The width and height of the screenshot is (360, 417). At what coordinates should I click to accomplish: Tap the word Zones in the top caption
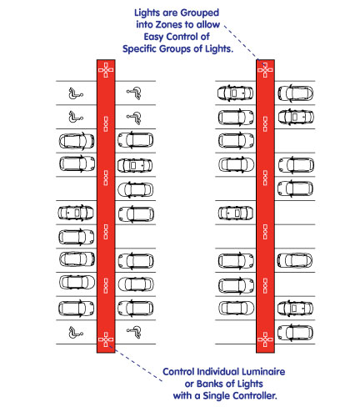point(169,25)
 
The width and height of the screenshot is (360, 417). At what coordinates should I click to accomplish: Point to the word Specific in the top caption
point(139,49)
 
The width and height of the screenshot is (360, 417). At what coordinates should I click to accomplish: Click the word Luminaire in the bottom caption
point(262,372)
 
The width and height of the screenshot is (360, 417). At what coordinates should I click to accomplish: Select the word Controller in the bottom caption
point(254,395)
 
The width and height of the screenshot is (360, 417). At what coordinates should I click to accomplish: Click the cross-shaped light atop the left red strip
point(106,70)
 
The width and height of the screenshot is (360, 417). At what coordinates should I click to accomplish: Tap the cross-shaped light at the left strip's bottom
point(106,339)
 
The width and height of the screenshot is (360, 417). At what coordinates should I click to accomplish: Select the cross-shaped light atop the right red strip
point(265,70)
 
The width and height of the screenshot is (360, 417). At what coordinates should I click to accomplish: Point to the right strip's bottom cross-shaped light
point(265,339)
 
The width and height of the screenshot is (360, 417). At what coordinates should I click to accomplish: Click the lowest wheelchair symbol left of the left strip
point(76,333)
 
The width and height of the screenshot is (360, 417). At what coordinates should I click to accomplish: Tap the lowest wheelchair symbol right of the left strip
point(134,332)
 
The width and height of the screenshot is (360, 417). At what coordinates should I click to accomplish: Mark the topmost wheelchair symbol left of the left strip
point(76,93)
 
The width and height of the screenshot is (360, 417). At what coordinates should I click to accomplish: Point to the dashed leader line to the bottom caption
point(135,364)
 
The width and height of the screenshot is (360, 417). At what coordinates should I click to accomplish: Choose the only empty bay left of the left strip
point(77,188)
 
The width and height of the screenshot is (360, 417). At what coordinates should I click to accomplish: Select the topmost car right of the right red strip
point(296,93)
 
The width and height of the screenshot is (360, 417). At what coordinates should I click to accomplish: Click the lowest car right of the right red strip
point(295,332)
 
